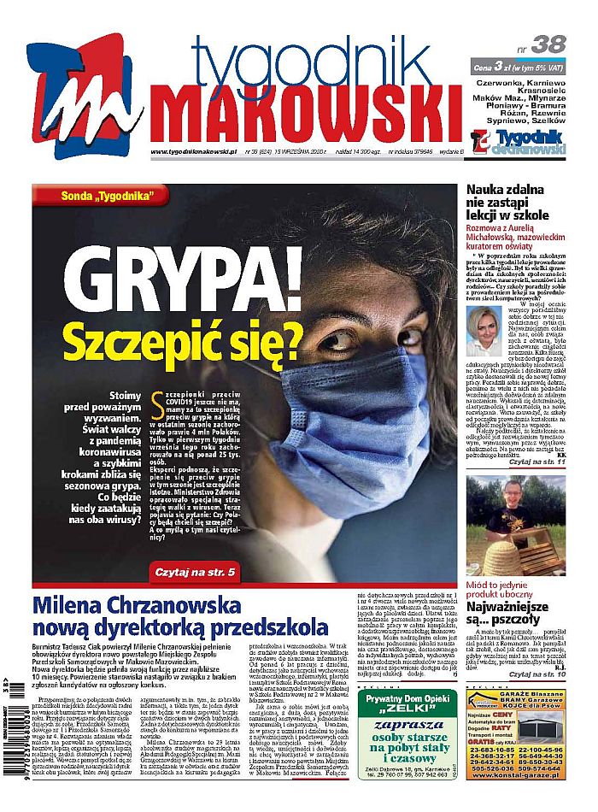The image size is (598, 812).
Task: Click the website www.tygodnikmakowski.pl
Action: pyautogui.click(x=193, y=152)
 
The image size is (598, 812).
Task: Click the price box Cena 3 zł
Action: pyautogui.click(x=519, y=67)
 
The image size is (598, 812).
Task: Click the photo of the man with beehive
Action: pyautogui.click(x=515, y=525)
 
